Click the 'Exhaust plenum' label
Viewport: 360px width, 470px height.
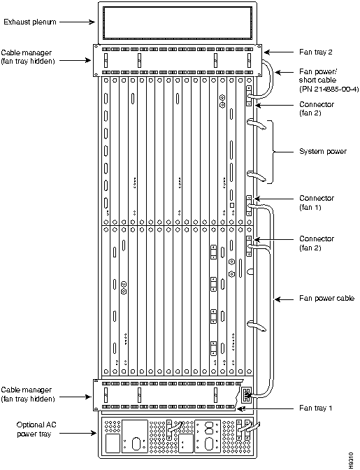29,22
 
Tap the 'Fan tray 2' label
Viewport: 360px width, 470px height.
316,52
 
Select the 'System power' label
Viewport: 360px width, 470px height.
323,151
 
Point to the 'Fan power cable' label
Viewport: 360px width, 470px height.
326,298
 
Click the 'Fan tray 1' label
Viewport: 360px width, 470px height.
316,408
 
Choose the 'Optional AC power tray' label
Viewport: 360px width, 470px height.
36,429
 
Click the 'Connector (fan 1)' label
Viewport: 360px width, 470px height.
317,203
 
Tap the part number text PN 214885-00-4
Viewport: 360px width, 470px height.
329,89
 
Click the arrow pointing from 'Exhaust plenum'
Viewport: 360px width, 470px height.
77,22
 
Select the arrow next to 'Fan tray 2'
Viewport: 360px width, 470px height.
279,52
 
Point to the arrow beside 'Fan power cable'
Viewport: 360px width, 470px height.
285,299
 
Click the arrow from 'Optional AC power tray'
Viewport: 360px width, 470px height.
78,433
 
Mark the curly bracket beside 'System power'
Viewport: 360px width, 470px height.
273,152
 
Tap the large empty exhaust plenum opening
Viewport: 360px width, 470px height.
178,23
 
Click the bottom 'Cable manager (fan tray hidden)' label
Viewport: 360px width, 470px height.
27,394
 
